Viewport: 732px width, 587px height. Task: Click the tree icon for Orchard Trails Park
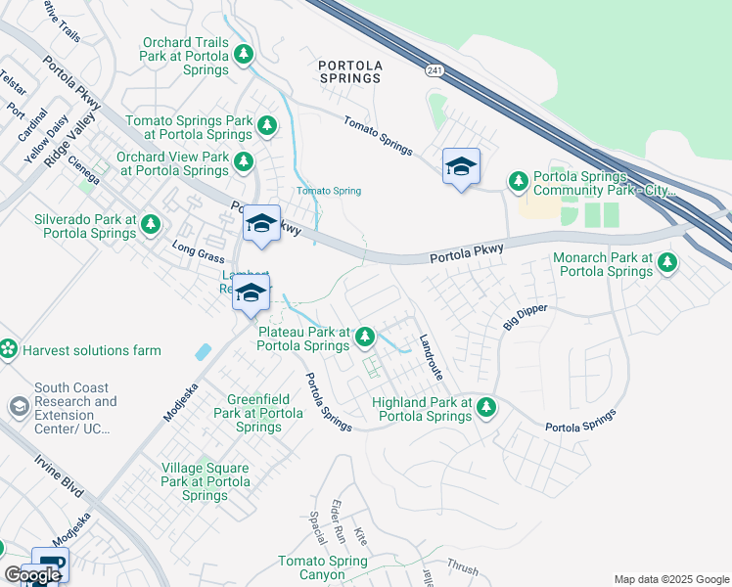coord(244,53)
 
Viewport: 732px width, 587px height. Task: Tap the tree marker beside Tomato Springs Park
coord(266,126)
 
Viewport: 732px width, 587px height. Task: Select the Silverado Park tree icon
coord(150,226)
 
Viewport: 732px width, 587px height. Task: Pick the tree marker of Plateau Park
coord(364,338)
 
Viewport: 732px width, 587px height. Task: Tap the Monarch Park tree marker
coord(667,262)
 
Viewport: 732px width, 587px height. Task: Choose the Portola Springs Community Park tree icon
coord(518,181)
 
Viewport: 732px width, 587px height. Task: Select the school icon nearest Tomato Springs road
coord(461,167)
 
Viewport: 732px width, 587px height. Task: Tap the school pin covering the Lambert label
coord(251,293)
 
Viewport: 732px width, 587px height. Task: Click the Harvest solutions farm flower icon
coord(8,349)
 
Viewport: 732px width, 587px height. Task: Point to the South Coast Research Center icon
coord(19,406)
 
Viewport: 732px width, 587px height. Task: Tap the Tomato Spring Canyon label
coord(322,567)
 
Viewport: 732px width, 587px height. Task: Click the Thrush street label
coord(462,567)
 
